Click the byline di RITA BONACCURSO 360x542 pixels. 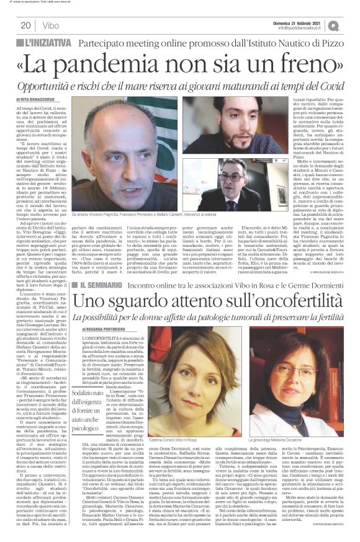click(45, 99)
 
